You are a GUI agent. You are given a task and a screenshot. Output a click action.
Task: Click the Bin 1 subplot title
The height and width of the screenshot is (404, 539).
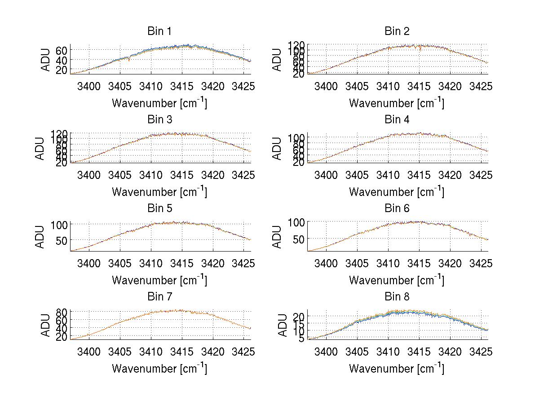tap(159, 31)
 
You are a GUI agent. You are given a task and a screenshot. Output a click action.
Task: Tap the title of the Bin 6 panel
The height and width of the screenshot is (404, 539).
tap(397, 209)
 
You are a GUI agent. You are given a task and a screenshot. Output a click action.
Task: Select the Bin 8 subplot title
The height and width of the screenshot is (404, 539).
tap(397, 297)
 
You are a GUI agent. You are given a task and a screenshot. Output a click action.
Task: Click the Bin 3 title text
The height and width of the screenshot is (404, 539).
tap(159, 120)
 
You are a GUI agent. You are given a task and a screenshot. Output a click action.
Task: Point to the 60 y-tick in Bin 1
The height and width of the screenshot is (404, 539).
tap(62, 50)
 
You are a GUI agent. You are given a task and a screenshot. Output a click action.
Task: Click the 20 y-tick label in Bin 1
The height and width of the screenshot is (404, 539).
tap(62, 70)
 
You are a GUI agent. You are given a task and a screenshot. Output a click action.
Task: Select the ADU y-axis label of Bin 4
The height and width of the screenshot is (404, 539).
tap(277, 148)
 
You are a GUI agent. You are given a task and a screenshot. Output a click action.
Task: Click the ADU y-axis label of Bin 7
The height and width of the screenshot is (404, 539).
tap(40, 325)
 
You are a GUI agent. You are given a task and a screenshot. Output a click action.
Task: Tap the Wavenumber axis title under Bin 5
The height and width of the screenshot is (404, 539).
tap(159, 280)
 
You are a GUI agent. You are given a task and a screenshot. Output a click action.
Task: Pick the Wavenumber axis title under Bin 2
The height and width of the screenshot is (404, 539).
tap(397, 103)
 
